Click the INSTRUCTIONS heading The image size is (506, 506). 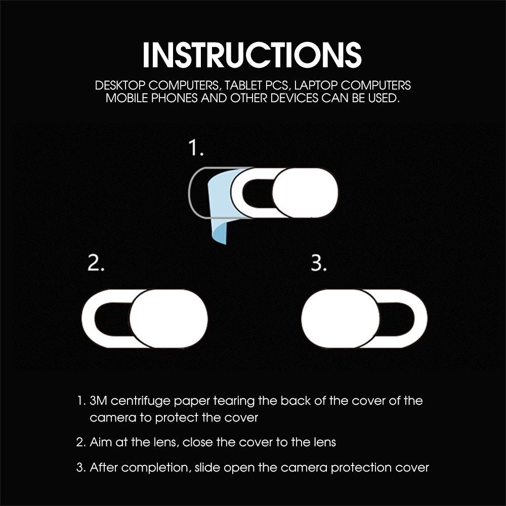click(x=252, y=55)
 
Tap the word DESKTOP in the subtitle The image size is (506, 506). click(x=120, y=86)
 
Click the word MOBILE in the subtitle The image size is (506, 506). click(x=127, y=98)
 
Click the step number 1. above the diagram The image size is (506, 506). click(x=196, y=148)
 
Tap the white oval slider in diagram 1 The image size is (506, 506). click(x=305, y=193)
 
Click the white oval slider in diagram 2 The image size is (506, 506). click(x=168, y=318)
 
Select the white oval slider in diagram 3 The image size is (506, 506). click(x=341, y=318)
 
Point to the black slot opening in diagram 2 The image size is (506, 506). click(x=111, y=318)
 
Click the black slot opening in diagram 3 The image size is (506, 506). click(x=397, y=318)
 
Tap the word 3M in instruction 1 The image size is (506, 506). click(x=99, y=401)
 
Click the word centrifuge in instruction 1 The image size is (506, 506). click(x=140, y=401)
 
